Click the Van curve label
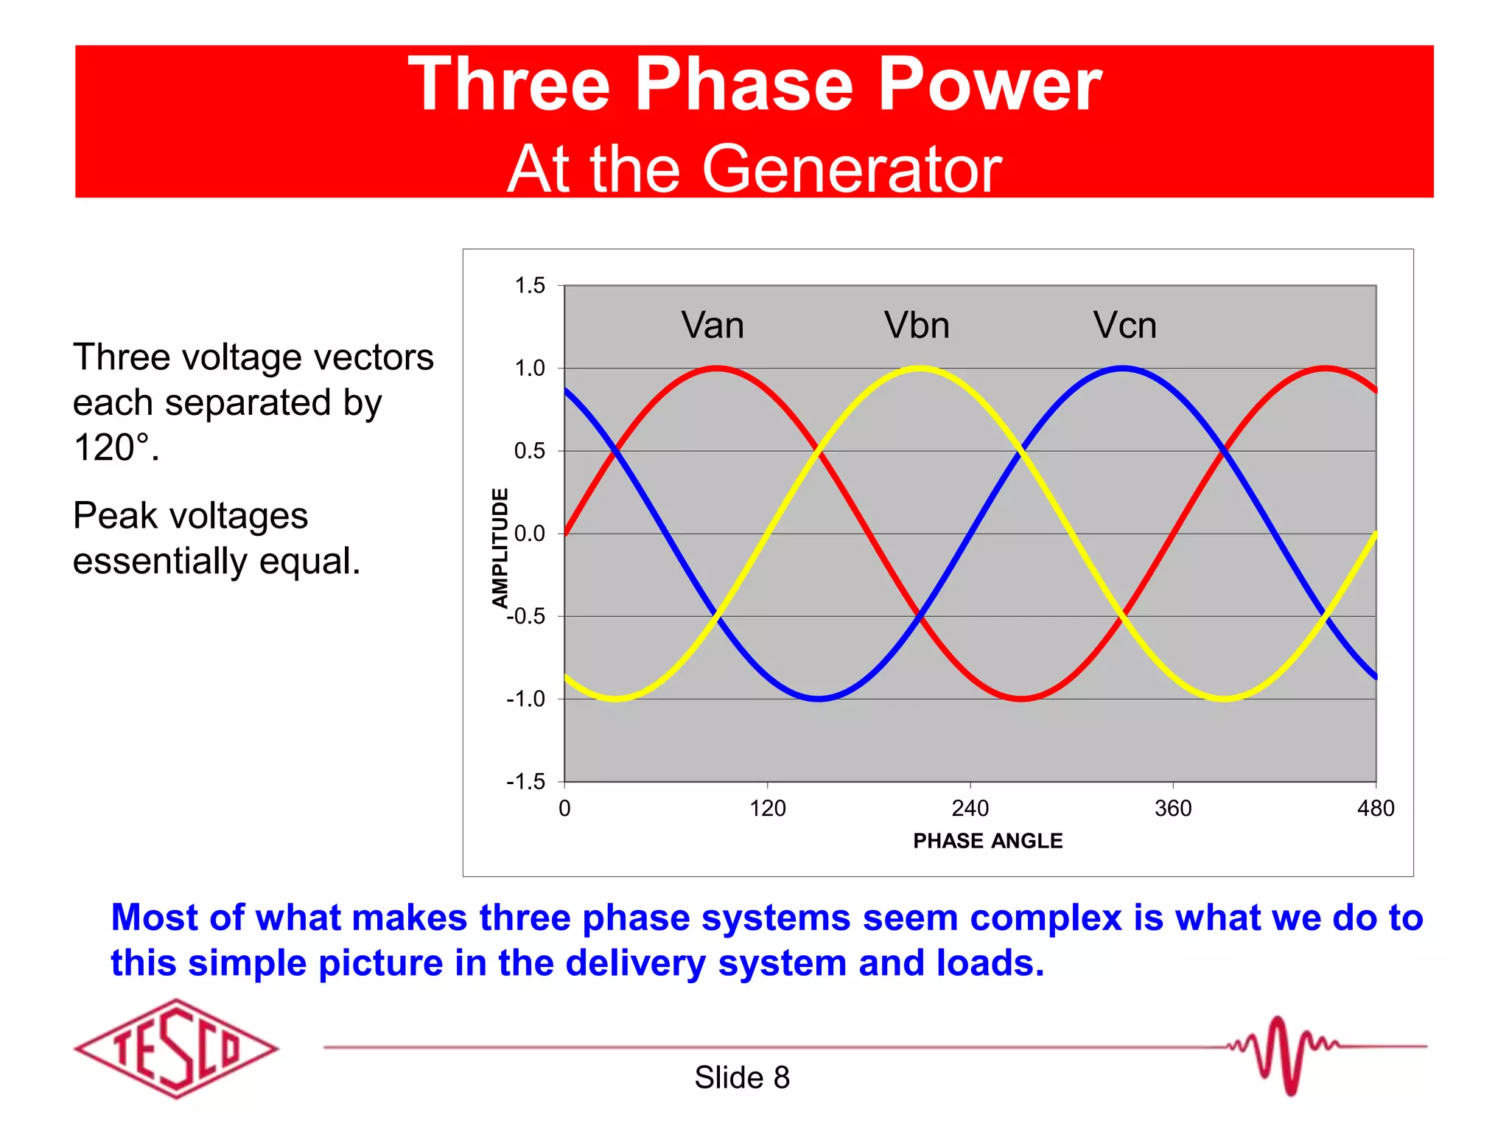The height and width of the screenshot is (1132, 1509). [x=712, y=325]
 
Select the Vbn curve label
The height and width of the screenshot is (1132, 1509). [x=917, y=325]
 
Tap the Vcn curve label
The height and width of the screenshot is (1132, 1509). [x=1124, y=325]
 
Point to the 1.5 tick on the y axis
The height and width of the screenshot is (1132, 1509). [x=530, y=286]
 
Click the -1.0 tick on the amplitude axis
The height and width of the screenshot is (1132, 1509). [x=526, y=699]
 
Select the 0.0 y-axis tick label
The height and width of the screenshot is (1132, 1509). [x=530, y=534]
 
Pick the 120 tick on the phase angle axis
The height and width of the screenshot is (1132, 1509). [x=768, y=808]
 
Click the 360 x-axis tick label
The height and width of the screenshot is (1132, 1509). [x=1173, y=808]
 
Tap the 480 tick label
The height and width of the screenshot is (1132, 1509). [x=1376, y=808]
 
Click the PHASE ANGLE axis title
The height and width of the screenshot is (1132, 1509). [x=987, y=841]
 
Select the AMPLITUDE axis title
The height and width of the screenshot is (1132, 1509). [x=500, y=548]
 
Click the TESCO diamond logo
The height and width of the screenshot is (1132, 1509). [x=176, y=1048]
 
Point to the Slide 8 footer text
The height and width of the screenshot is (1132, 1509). [x=742, y=1077]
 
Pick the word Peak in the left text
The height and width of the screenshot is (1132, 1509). [x=116, y=515]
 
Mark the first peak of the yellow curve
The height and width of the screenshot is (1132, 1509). [x=920, y=368]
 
